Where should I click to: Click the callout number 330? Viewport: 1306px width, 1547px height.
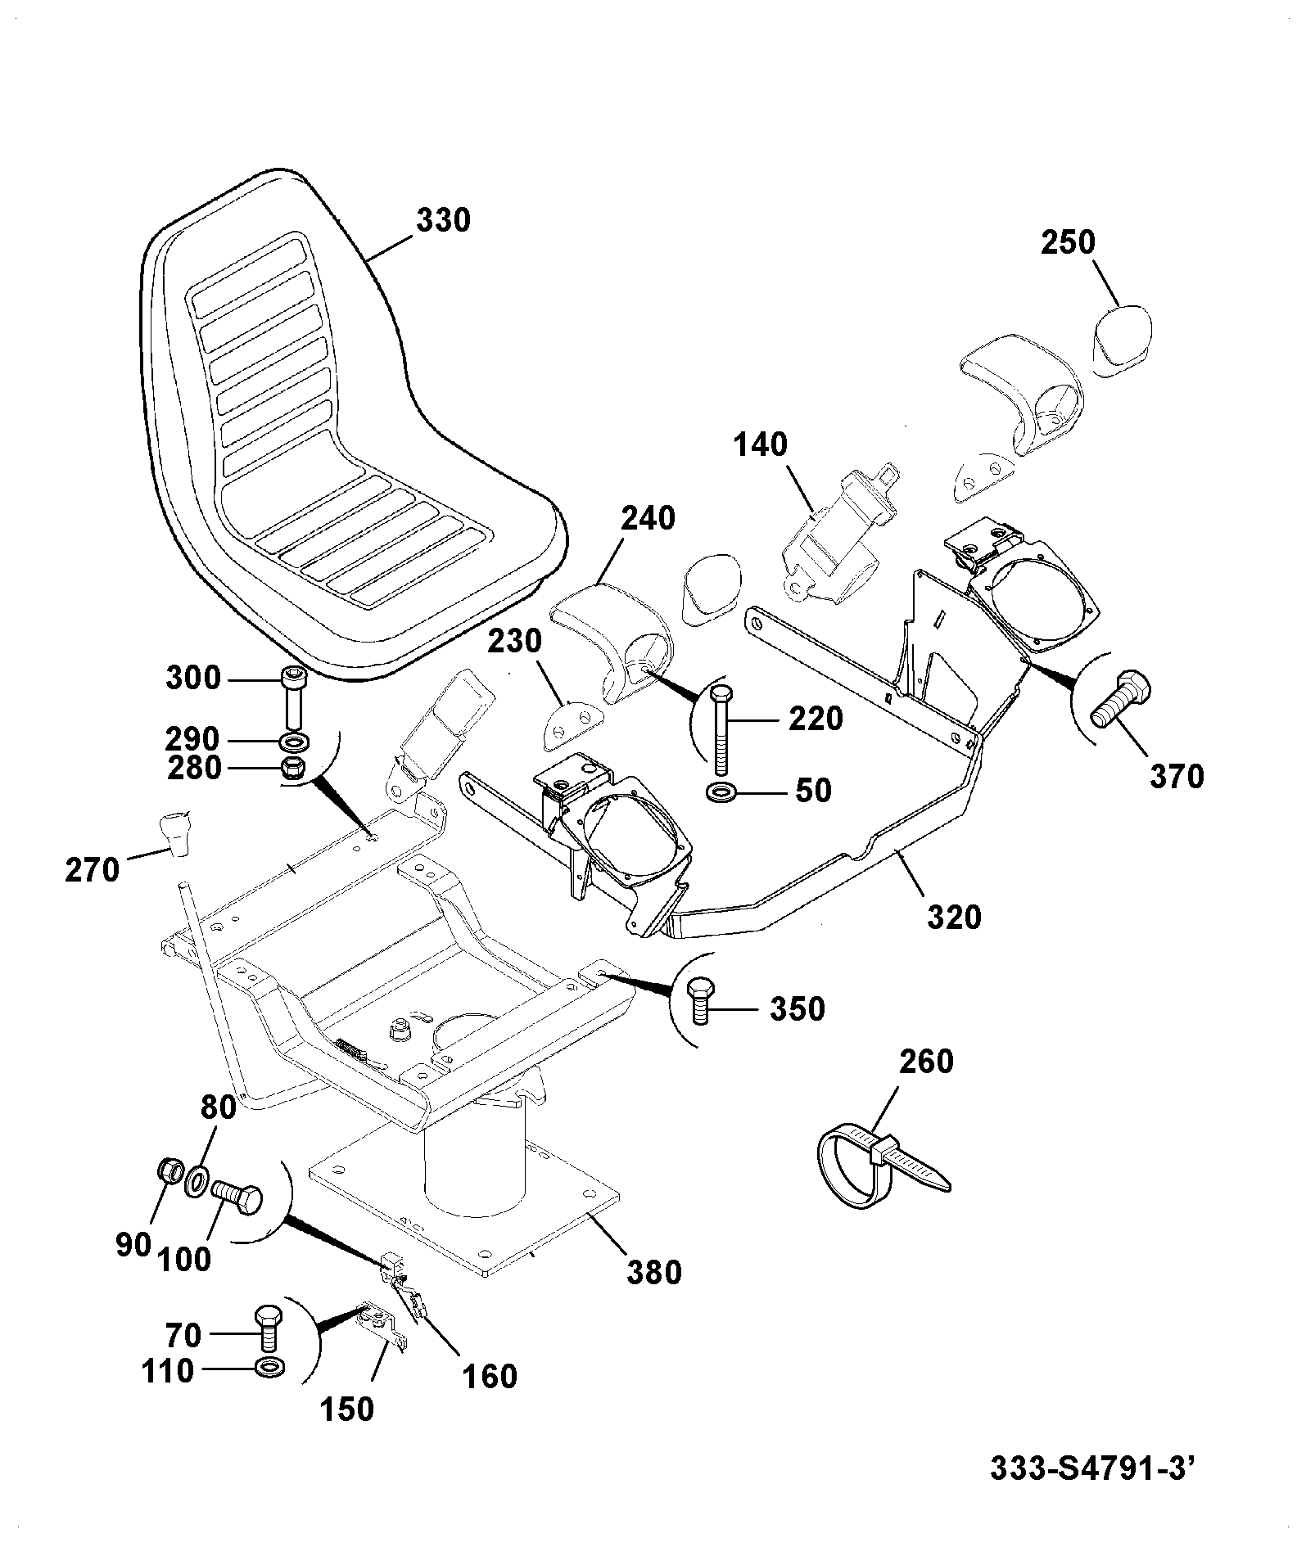point(444,221)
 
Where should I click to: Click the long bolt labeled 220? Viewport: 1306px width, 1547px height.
point(720,728)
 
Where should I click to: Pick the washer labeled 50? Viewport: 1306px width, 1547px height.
point(720,792)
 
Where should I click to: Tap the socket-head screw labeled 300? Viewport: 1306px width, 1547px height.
point(293,698)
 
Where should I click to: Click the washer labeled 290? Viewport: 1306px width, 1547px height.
point(293,742)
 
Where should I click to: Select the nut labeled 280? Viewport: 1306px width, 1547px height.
point(292,769)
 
